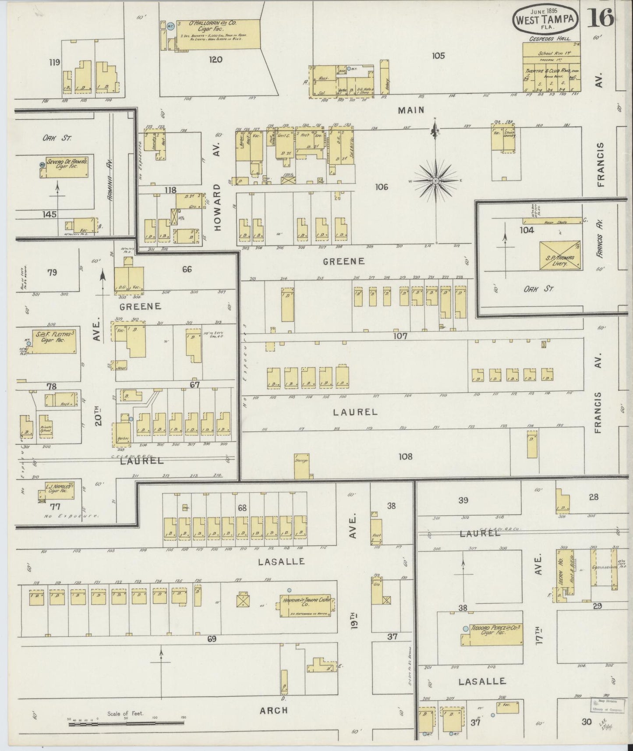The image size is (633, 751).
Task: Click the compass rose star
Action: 436,181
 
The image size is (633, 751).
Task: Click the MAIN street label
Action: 411,110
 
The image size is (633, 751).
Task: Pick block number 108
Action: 405,456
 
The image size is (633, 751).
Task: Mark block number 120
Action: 216,60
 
